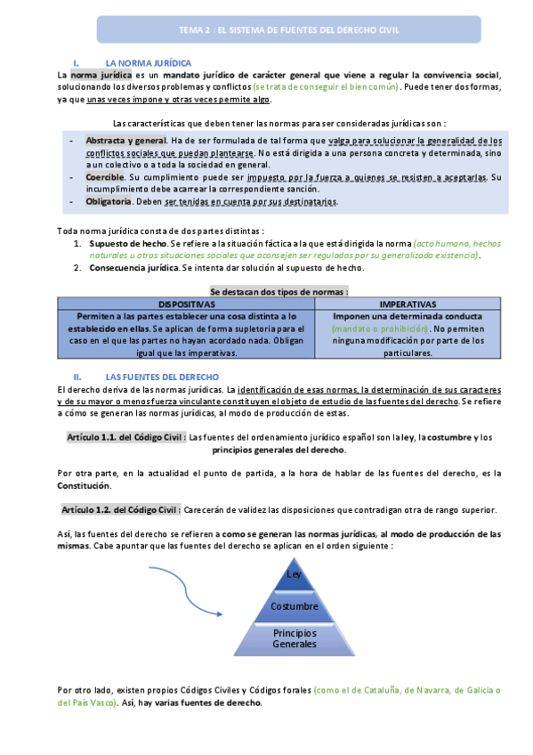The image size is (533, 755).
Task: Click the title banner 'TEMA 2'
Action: point(290,29)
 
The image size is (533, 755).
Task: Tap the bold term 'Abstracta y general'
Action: point(125,141)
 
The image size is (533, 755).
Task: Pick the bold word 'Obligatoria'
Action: point(110,201)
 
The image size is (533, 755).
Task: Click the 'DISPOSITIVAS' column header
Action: point(185,304)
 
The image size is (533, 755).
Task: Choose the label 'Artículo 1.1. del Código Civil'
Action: point(125,437)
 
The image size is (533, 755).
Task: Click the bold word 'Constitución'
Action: point(85,486)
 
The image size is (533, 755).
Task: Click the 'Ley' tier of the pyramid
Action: point(295,575)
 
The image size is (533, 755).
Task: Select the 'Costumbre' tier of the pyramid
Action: point(295,606)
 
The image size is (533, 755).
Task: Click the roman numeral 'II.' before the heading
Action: point(77,377)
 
